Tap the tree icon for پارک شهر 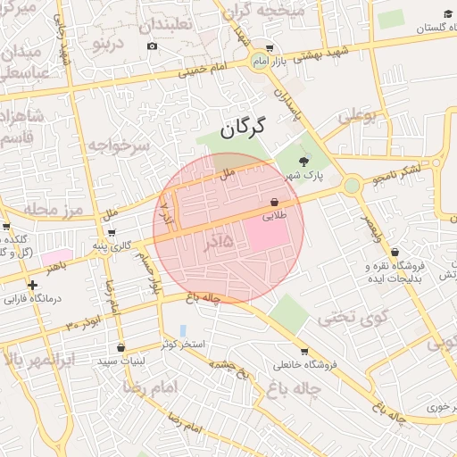(304, 162)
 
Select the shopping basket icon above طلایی (274, 203)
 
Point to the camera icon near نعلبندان (152, 46)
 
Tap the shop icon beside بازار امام (270, 49)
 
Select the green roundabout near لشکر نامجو (352, 186)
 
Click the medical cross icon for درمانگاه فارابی (33, 286)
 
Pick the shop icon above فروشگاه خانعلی (305, 351)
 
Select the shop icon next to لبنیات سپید (120, 348)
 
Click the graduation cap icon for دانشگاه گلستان (447, 15)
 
